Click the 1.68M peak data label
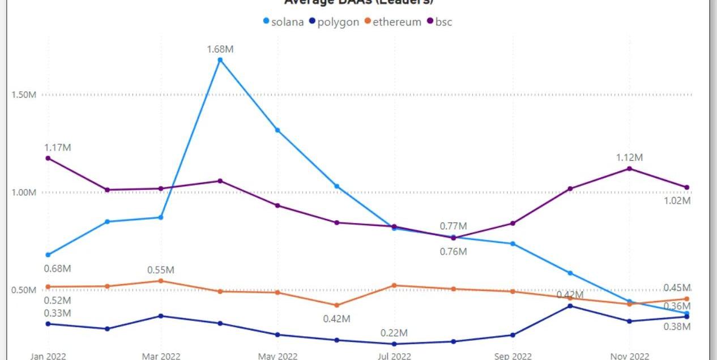click(220, 49)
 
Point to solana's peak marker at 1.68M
click(220, 59)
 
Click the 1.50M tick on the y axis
click(24, 95)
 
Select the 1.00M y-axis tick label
click(24, 192)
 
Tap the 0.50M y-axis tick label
click(24, 290)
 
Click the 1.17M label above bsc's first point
click(58, 148)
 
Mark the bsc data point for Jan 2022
click(48, 158)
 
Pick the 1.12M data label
click(630, 157)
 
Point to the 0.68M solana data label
click(58, 268)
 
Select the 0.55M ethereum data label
click(161, 270)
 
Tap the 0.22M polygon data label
click(394, 333)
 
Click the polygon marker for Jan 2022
click(48, 324)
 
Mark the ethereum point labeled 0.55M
click(161, 281)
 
